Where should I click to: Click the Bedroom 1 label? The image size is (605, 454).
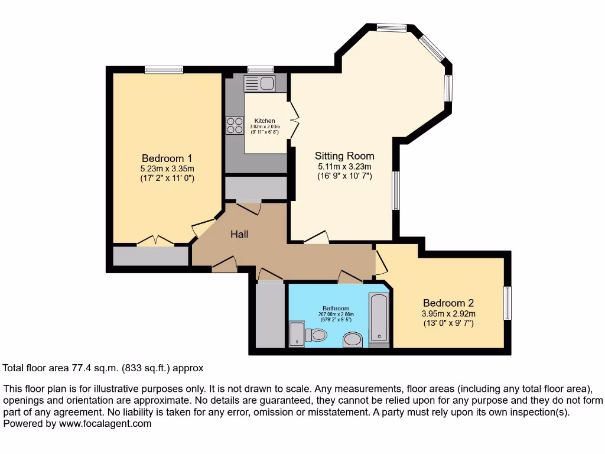click(167, 158)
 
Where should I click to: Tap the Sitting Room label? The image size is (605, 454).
click(344, 156)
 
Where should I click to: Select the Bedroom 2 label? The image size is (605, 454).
click(448, 303)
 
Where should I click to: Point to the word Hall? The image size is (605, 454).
click(239, 235)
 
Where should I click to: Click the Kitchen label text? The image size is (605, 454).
click(265, 121)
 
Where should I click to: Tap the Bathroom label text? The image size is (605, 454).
click(336, 308)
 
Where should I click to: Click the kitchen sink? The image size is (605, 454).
click(259, 83)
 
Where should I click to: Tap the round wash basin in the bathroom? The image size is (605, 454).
click(353, 339)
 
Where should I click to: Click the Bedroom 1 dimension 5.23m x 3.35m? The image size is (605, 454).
click(167, 168)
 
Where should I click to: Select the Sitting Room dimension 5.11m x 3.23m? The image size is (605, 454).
click(344, 166)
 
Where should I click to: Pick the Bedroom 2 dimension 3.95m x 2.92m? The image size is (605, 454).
click(448, 313)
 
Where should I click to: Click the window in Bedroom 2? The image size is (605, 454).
click(508, 303)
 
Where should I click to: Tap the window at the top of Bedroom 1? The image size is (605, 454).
click(164, 70)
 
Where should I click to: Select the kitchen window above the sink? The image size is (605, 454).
click(261, 70)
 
